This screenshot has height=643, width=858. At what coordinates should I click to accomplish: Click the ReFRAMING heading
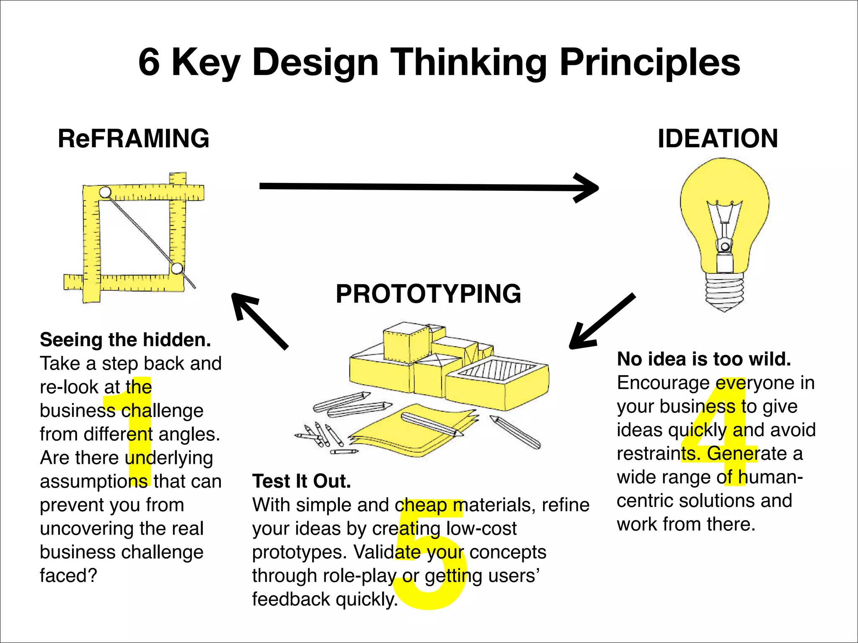click(x=133, y=139)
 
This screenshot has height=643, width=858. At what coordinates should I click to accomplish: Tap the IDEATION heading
click(x=718, y=139)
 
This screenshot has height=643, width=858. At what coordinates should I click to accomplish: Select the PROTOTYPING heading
click(x=428, y=293)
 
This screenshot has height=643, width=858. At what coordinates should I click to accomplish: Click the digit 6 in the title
click(x=149, y=62)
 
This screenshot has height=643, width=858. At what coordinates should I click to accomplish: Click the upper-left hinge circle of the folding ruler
click(x=105, y=193)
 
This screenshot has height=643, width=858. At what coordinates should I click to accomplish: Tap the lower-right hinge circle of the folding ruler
click(x=177, y=268)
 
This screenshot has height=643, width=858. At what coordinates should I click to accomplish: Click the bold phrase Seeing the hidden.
click(x=125, y=340)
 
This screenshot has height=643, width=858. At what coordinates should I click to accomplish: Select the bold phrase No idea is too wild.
click(x=704, y=359)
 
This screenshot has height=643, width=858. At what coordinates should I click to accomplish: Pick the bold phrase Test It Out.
click(x=301, y=481)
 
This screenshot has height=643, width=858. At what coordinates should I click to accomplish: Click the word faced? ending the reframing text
click(x=68, y=576)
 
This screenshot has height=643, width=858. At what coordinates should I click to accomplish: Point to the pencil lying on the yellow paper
click(x=432, y=424)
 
